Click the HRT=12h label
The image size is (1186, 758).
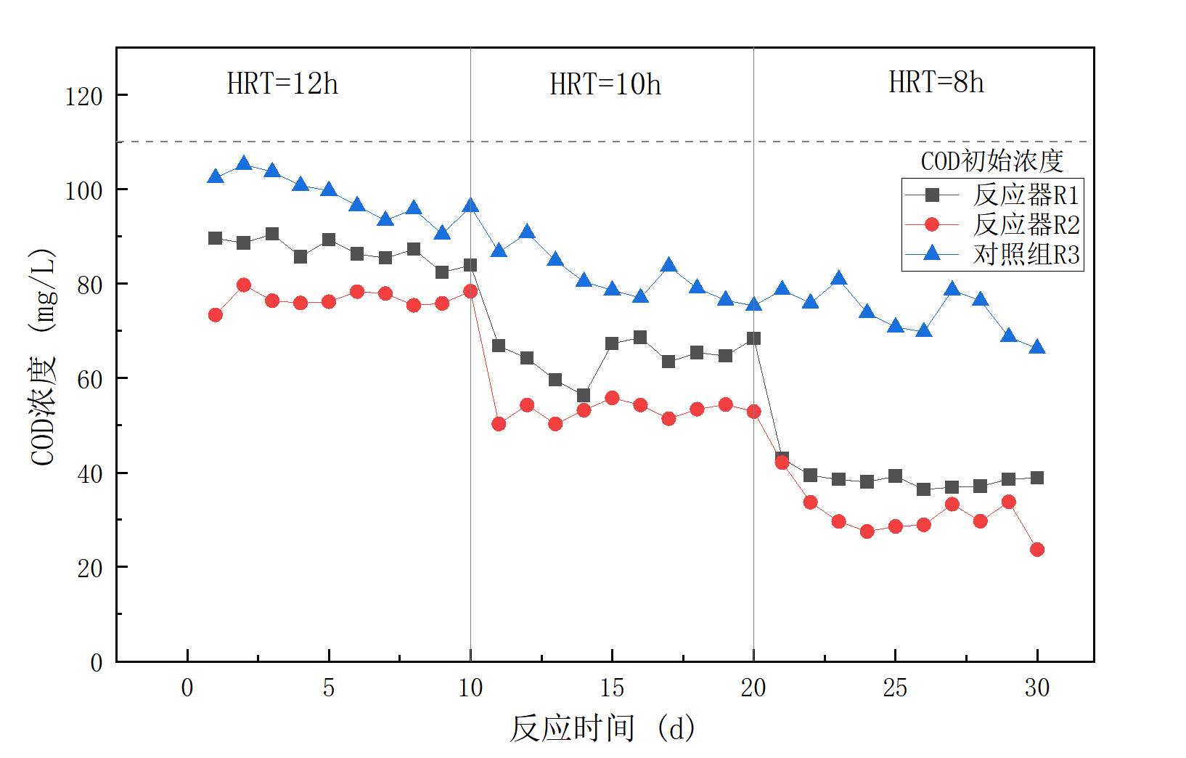pos(282,84)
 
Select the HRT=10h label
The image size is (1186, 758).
pos(605,85)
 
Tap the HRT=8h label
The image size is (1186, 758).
pos(936,83)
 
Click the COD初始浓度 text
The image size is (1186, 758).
pos(991,160)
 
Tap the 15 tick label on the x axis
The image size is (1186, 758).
pos(612,688)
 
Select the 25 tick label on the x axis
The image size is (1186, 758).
pos(895,688)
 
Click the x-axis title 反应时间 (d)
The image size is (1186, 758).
pos(602,728)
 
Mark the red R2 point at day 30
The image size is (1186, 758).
pos(1037,550)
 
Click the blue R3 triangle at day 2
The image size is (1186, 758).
pos(244,164)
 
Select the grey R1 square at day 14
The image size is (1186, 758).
pos(584,396)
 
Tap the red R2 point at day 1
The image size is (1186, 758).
pos(216,315)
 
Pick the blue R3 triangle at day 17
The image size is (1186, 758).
pos(668,266)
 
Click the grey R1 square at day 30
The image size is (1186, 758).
pos(1037,478)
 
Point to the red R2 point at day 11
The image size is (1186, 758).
pos(499,424)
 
